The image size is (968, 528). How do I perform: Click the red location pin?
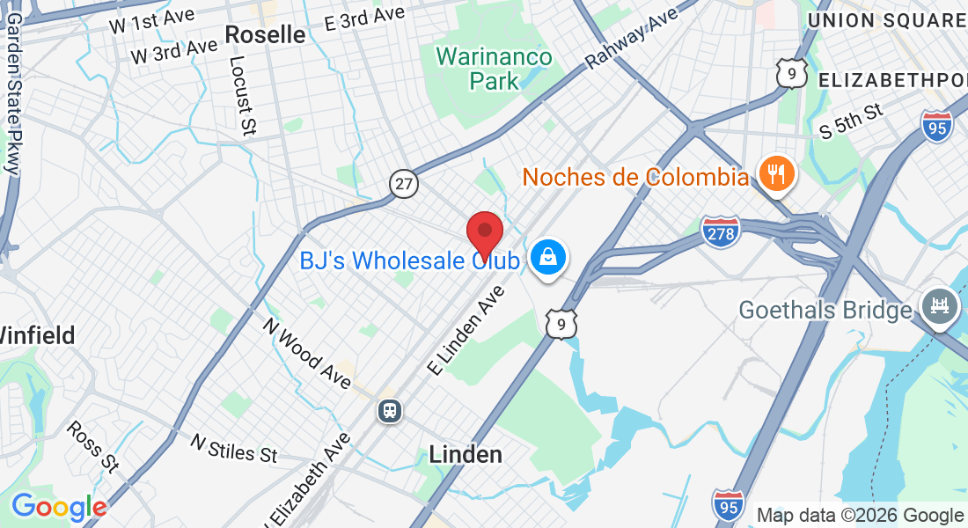pyautogui.click(x=484, y=234)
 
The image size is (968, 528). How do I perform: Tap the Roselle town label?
pyautogui.click(x=265, y=34)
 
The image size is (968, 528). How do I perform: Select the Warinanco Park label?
pyautogui.click(x=495, y=70)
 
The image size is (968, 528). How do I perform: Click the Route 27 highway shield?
pyautogui.click(x=405, y=184)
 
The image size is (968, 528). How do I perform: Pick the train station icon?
pyautogui.click(x=388, y=410)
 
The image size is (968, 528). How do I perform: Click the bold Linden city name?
pyautogui.click(x=466, y=454)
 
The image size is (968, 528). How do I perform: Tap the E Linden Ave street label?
pyautogui.click(x=467, y=331)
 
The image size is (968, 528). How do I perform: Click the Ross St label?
pyautogui.click(x=92, y=445)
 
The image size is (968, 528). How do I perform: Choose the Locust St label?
pyautogui.click(x=239, y=97)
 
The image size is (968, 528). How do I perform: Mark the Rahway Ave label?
pyautogui.click(x=633, y=38)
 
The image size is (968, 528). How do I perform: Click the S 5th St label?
pyautogui.click(x=849, y=122)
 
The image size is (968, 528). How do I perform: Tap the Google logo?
pyautogui.click(x=59, y=507)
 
